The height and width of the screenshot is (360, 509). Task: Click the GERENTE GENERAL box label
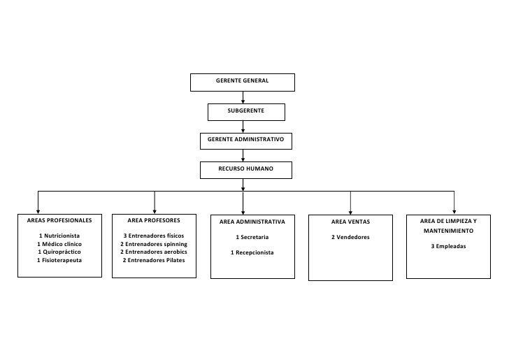coord(242,80)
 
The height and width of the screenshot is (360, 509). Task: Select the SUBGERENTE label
coord(245,110)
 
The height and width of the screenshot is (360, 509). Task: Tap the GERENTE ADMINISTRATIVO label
coord(245,139)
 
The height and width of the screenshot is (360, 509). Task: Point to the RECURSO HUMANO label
coord(245,168)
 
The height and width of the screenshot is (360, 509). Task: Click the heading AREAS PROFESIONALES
coord(59,220)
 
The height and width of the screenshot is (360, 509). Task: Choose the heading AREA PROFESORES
coord(154,220)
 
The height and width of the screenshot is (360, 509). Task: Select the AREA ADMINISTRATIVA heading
coord(252,222)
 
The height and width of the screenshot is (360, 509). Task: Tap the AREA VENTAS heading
coord(350,222)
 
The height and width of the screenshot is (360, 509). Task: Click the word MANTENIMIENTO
coord(448,231)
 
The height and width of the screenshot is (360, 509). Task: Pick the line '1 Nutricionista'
coord(59,236)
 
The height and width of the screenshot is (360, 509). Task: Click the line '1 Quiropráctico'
coord(59,252)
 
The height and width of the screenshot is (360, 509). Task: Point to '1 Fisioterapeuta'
coord(59,260)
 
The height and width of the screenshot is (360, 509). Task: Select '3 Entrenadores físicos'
coord(154,236)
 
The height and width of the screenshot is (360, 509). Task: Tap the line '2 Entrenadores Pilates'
coord(154,260)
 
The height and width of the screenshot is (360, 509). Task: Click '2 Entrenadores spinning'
coord(154,244)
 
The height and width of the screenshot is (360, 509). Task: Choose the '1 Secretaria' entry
coord(252,237)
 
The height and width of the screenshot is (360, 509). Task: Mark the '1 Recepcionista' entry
coord(252,252)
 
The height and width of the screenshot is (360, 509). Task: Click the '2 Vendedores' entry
coord(350,237)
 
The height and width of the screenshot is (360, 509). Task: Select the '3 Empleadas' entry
coord(448,246)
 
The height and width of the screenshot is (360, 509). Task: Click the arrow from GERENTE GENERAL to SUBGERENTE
coord(243,97)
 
